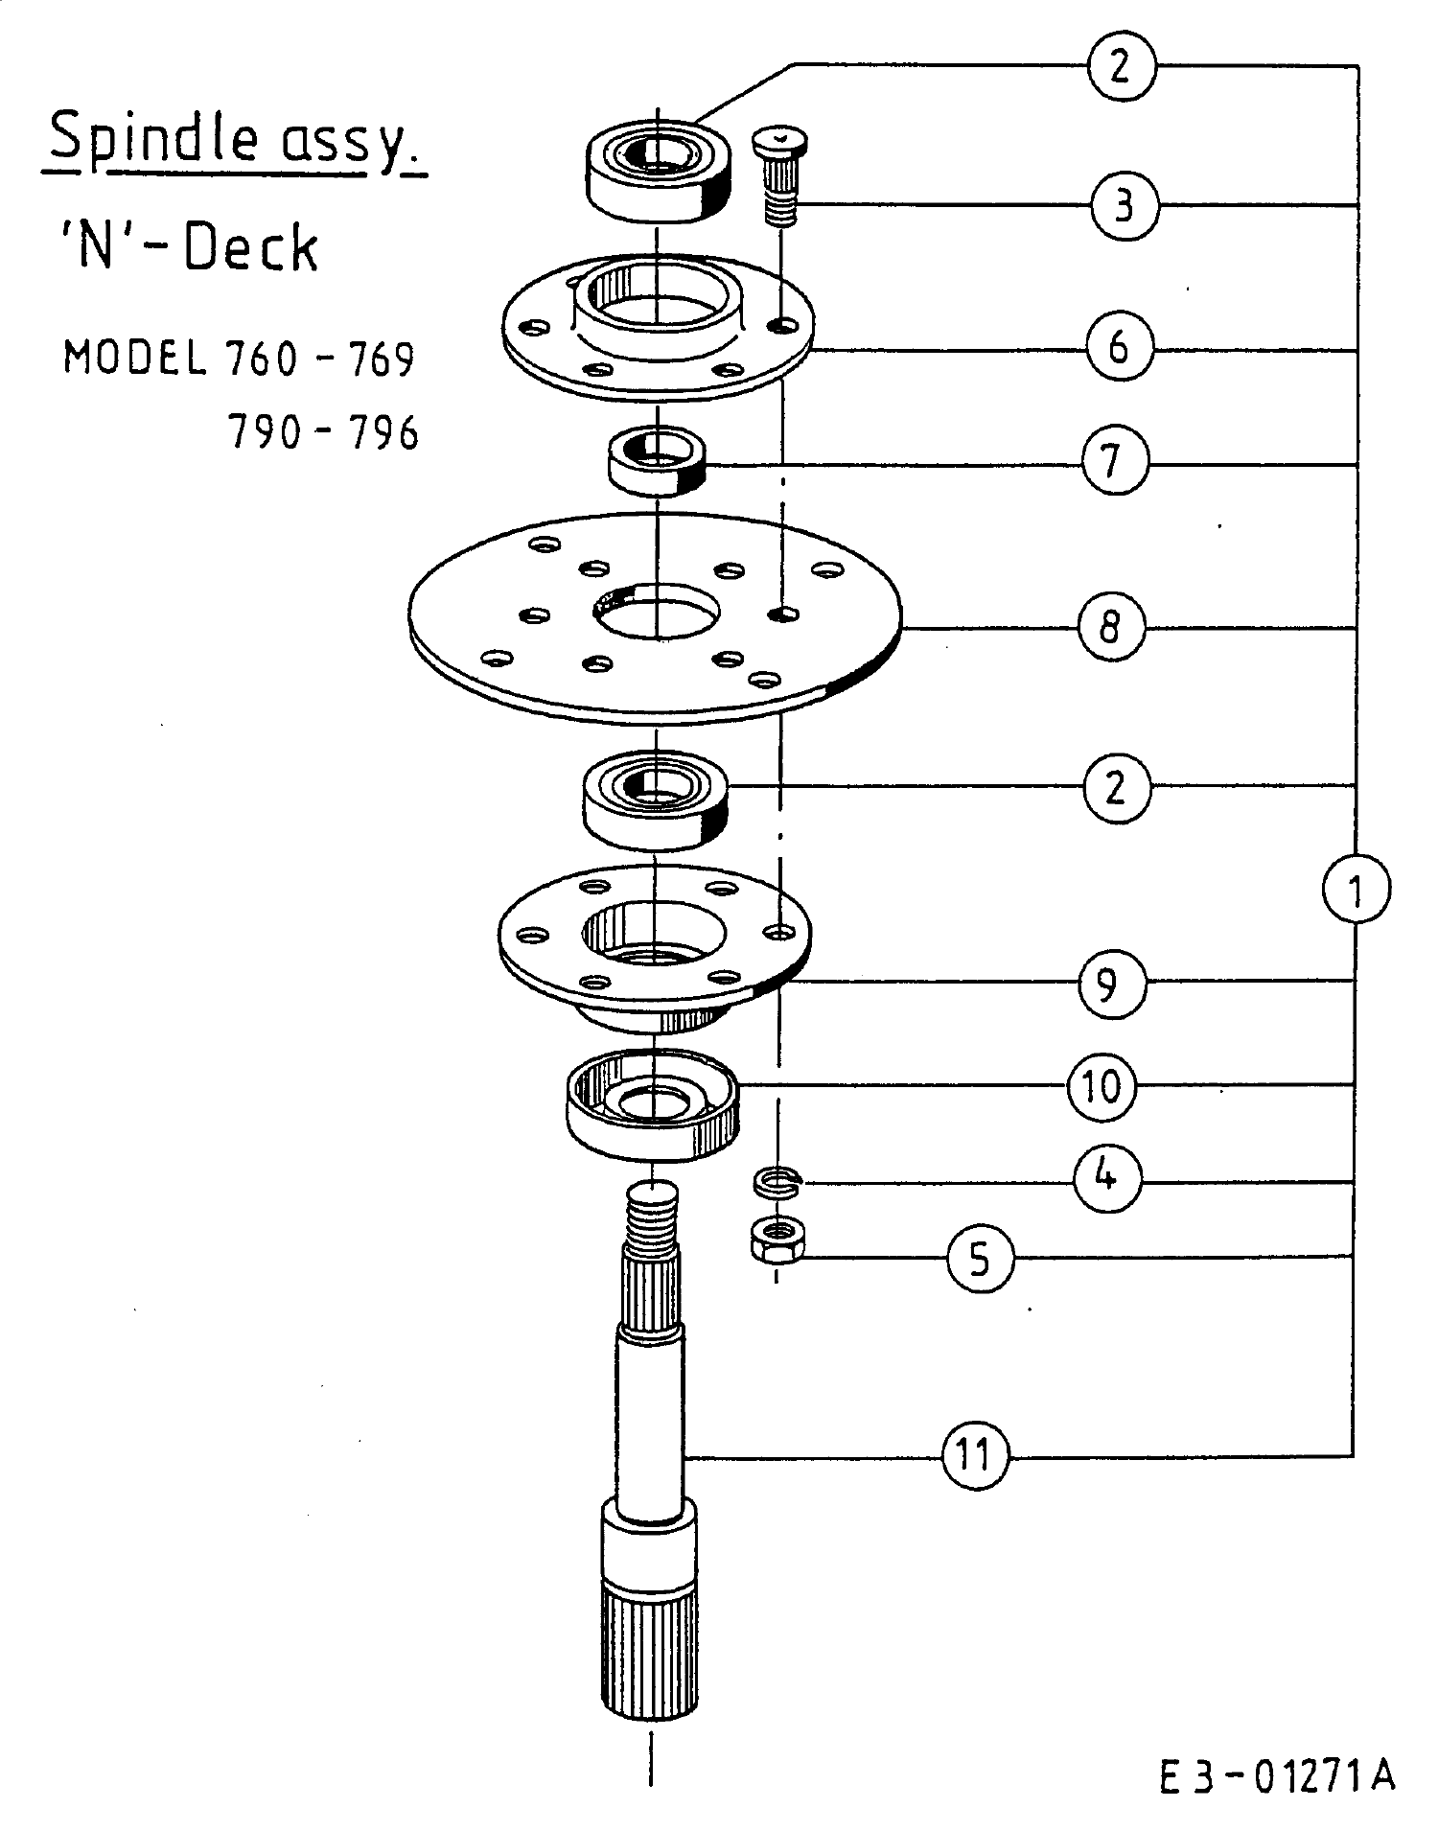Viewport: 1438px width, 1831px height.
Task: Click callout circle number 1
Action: (x=1355, y=890)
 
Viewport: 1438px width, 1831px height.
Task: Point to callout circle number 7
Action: (x=1115, y=462)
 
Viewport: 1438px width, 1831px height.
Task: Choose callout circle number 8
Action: (x=1111, y=628)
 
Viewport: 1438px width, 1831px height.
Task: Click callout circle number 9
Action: (x=1112, y=983)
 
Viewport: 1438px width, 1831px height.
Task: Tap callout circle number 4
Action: (x=1108, y=1174)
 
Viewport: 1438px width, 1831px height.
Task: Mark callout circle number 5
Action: (x=979, y=1258)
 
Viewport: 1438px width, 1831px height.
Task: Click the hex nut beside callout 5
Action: (x=777, y=1241)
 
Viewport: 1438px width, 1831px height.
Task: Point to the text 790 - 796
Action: (x=323, y=433)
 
